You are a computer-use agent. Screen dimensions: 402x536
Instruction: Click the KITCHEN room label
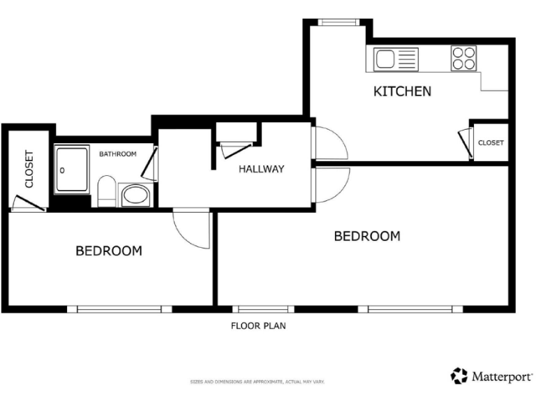[x=402, y=91]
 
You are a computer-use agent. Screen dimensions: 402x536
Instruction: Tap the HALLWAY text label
[x=262, y=169]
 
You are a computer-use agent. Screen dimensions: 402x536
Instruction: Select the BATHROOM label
[x=117, y=154]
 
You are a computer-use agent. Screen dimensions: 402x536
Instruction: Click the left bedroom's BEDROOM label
[x=109, y=251]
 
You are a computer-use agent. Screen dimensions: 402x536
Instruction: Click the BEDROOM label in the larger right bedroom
[x=367, y=236]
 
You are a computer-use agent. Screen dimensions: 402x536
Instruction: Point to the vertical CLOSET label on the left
[x=29, y=170]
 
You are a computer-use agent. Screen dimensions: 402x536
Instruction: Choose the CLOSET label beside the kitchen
[x=491, y=143]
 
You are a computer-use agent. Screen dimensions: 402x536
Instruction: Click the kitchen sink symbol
[x=395, y=59]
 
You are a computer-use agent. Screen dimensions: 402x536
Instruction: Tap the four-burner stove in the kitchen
[x=463, y=59]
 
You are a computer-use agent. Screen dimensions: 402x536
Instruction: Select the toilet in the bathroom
[x=107, y=191]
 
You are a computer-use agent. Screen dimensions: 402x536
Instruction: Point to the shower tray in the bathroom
[x=72, y=170]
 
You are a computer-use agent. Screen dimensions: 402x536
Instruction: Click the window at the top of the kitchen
[x=338, y=22]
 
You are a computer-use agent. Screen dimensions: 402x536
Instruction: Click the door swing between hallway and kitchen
[x=329, y=144]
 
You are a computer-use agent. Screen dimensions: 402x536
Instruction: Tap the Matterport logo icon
[x=459, y=375]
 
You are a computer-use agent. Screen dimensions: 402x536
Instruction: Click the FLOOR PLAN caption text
[x=258, y=325]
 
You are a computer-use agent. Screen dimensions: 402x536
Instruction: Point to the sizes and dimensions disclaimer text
[x=258, y=382]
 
